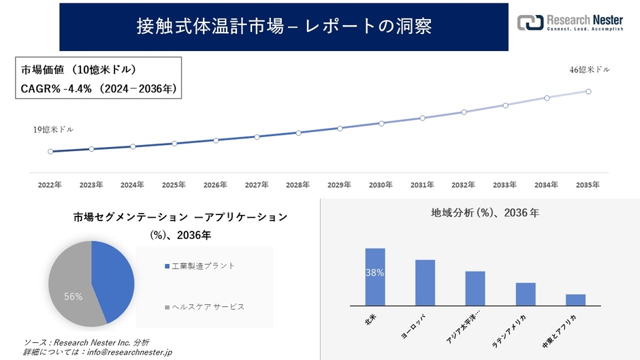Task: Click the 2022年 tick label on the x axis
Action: [50, 184]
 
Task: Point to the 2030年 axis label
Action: [381, 184]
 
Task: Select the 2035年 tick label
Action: [588, 184]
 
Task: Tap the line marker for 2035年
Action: [588, 91]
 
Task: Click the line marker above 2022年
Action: [50, 152]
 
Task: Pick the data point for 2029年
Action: [340, 128]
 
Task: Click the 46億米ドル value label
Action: [590, 69]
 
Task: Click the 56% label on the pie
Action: [73, 297]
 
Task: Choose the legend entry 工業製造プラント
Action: [203, 265]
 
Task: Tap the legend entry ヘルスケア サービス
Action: [208, 307]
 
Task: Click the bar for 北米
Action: [375, 277]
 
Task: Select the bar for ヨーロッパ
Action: [425, 282]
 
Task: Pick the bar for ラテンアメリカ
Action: [526, 294]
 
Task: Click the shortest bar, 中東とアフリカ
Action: [575, 299]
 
